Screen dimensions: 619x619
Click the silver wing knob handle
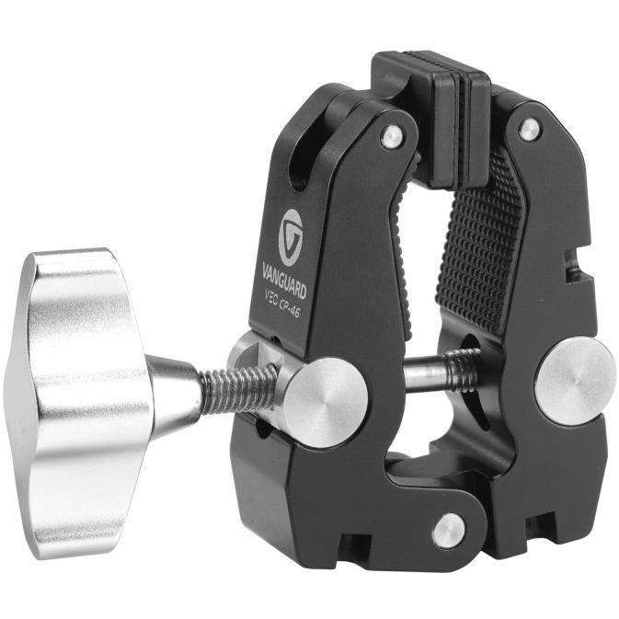coord(79,403)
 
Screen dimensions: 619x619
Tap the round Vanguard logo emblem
coord(291,237)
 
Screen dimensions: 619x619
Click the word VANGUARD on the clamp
coord(284,281)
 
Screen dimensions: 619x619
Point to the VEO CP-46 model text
coord(281,307)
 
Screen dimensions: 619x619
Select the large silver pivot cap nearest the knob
coord(327,403)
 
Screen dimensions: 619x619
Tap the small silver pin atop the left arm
coord(393,137)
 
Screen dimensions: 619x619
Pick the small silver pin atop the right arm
coord(530,131)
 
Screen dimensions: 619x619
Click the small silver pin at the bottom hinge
coord(449,530)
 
